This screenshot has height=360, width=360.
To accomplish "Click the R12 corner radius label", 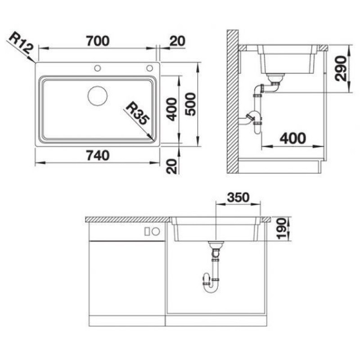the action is point(22,42).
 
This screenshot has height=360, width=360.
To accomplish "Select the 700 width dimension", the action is point(98,41).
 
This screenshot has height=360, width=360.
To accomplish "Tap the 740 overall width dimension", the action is point(98,155).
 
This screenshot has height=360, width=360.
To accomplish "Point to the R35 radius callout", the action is point(138,113).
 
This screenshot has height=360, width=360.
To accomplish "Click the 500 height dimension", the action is point(190,104).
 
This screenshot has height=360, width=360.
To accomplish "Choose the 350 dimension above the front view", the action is point(238,197).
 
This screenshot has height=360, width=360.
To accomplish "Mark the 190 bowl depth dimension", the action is point(282,229).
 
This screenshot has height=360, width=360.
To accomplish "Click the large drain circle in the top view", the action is point(98,96).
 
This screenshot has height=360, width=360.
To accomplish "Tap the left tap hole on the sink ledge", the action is point(98,68).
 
